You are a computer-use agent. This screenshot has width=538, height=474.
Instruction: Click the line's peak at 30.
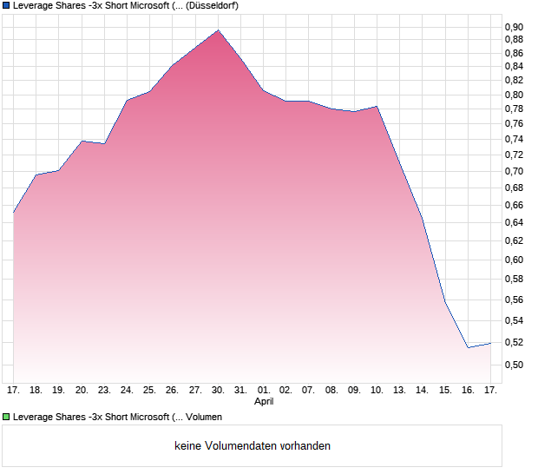218,30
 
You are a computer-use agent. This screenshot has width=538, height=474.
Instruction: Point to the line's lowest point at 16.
468,347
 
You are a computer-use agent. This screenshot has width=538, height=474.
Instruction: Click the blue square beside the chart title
6,5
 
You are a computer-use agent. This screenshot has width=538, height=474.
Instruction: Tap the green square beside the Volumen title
6,417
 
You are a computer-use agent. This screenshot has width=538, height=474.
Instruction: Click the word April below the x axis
264,402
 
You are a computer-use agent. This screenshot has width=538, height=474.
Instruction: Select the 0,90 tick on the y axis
514,27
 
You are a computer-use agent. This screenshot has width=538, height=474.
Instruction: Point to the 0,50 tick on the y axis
514,365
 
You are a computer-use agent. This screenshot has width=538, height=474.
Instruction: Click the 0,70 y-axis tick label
514,172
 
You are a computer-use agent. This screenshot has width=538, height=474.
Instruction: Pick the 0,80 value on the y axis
514,95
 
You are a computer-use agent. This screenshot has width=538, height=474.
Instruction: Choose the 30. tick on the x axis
218,391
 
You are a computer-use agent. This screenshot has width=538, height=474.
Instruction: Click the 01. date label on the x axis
264,391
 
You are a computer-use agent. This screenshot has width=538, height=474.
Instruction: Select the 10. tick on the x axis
377,391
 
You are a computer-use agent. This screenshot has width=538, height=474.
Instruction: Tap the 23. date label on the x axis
104,391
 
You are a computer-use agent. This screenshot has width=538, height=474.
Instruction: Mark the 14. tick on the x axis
422,391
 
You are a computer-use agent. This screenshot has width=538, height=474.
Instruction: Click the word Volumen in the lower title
204,417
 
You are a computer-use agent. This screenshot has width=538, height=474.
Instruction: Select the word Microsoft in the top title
128,5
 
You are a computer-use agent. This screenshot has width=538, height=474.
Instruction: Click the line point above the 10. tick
377,107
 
